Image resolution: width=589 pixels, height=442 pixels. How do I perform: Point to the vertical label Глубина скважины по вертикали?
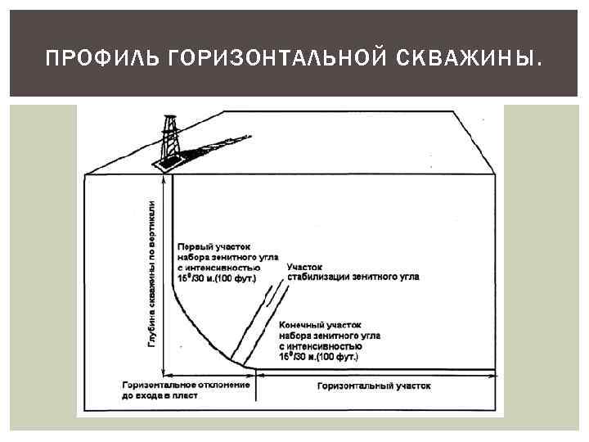click(152, 267)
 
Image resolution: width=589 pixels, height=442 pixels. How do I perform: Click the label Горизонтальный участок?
click(373, 385)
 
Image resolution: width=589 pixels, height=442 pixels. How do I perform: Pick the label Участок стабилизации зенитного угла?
click(353, 272)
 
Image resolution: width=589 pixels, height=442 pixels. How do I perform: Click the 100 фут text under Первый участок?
click(239, 278)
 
